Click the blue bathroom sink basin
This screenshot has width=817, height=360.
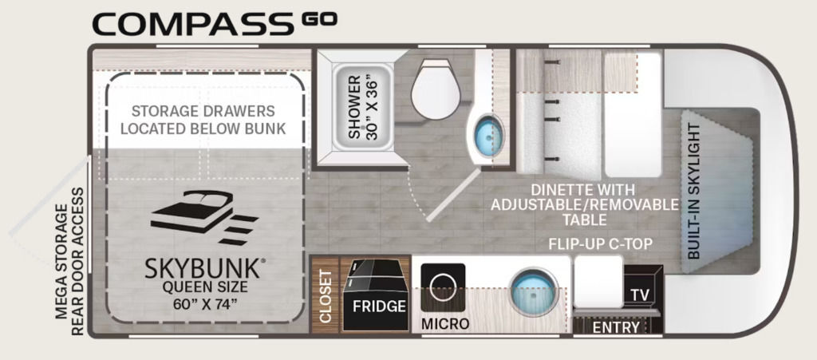coord(489,134)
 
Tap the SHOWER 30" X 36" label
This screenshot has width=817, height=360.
coord(361,107)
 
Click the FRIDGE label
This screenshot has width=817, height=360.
coord(379,306)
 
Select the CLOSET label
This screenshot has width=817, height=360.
coord(326,296)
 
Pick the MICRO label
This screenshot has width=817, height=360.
coord(445,323)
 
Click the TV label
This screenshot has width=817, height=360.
coord(640,295)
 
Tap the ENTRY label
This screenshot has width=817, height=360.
coord(616,327)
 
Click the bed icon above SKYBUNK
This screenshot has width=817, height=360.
coord(204,217)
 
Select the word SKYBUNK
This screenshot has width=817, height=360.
coord(202,269)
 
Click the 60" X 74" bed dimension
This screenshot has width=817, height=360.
coord(204,305)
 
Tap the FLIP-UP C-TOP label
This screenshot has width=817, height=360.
coord(601,244)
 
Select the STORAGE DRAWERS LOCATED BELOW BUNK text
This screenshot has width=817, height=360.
coord(203,120)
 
